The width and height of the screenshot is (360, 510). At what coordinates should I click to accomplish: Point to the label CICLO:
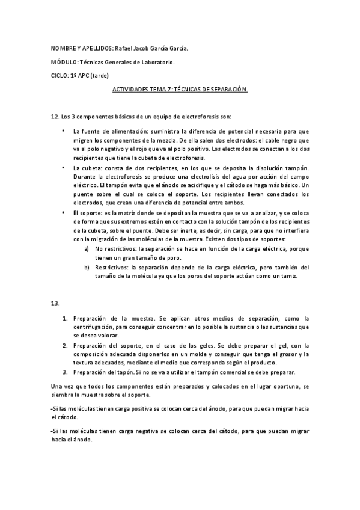coord(60,75)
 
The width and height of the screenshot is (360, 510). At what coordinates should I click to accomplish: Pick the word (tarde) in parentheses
coord(100,75)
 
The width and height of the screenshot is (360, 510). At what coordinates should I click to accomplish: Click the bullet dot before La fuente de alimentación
coord(63,130)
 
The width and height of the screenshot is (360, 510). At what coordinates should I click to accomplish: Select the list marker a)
coord(87,248)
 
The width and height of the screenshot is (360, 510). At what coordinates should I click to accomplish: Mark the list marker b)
coord(87,267)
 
